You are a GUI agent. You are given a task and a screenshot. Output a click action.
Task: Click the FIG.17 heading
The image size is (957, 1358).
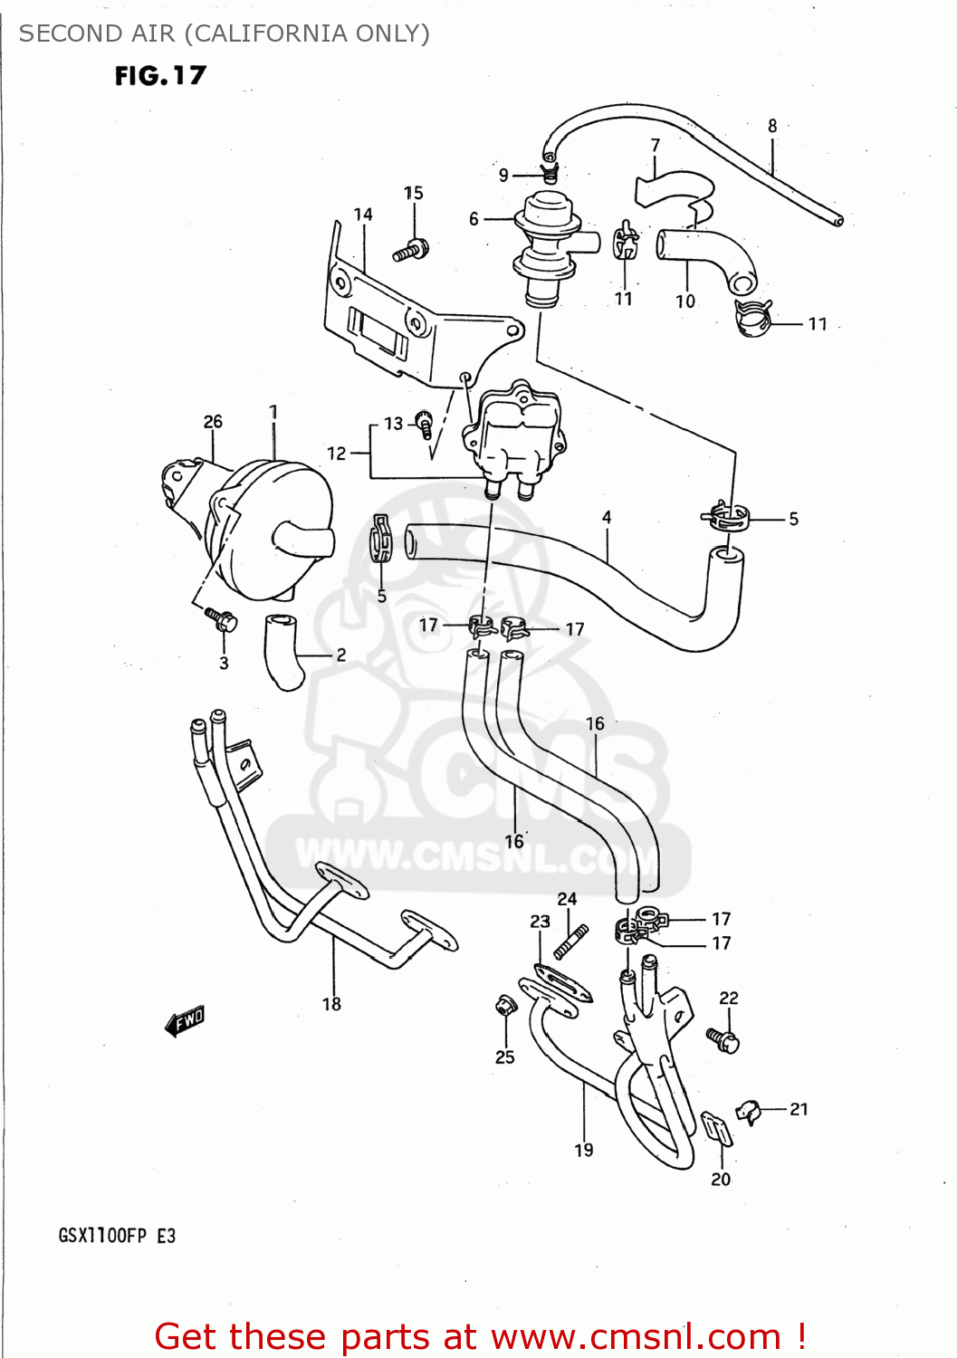click(x=160, y=76)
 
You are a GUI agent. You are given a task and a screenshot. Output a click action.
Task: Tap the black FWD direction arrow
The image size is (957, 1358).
click(x=186, y=1020)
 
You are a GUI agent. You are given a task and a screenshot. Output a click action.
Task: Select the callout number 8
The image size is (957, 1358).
click(x=772, y=127)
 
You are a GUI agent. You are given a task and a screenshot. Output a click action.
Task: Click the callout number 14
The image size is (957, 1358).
click(x=363, y=215)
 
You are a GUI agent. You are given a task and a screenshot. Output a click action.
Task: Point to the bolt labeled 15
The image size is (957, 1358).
click(x=411, y=249)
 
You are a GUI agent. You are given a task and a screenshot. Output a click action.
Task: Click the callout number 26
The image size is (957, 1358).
click(x=213, y=422)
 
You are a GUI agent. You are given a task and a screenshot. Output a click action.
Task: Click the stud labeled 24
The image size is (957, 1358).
click(x=571, y=940)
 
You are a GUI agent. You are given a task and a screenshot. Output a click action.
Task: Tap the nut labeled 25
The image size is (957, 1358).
click(x=504, y=1006)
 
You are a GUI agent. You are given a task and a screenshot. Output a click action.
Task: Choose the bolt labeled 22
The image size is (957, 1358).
click(x=724, y=1039)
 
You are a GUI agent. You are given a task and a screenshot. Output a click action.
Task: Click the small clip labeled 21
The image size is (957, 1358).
click(x=748, y=1110)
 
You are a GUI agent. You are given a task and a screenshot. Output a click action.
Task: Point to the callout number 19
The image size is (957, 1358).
click(x=584, y=1150)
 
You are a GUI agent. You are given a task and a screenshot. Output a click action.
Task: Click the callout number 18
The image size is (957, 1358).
click(x=331, y=1004)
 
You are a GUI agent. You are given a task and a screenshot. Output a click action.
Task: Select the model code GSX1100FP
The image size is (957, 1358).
click(x=102, y=1236)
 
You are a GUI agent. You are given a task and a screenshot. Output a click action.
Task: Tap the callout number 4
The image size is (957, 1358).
click(x=607, y=518)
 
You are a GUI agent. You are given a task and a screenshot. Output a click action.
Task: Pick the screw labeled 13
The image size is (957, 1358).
click(x=424, y=423)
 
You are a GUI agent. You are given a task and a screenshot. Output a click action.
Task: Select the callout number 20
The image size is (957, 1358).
click(x=721, y=1179)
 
